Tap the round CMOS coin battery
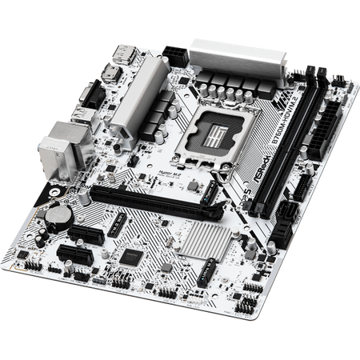54,214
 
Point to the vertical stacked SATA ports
281,224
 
